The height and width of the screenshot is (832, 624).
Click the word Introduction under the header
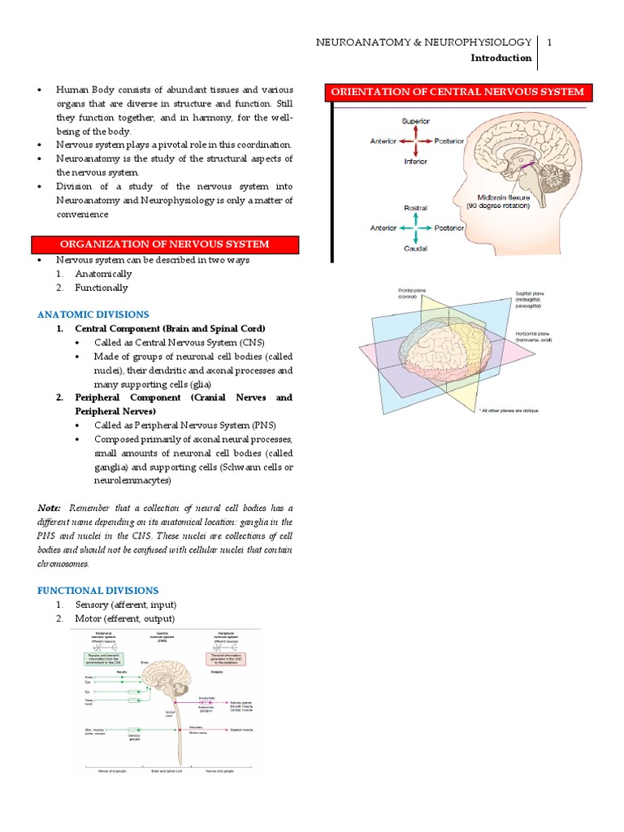(501, 58)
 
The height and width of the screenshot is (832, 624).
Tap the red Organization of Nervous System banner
(165, 245)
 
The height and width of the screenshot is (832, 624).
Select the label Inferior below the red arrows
(415, 161)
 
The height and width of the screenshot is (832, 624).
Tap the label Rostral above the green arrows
(415, 209)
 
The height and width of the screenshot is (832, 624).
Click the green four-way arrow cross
(415, 229)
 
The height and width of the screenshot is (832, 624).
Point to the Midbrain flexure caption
(493, 201)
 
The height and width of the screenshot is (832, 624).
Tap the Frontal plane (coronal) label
(414, 292)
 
